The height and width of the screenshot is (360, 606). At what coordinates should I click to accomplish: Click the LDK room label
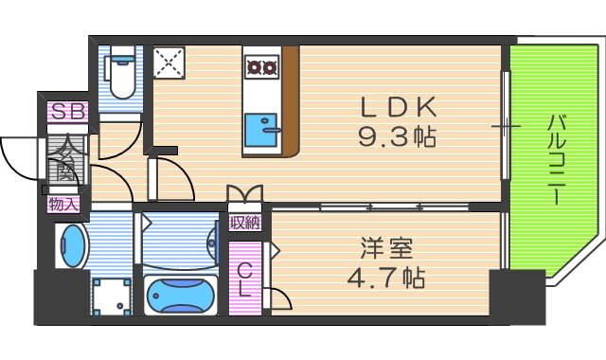coord(397,105)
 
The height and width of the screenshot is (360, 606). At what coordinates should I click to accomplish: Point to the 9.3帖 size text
coord(397,138)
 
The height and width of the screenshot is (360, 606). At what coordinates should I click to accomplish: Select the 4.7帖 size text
coord(383,279)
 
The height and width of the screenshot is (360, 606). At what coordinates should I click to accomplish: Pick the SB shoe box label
coord(67,112)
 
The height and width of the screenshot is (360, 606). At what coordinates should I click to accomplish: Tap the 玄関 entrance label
coord(66,159)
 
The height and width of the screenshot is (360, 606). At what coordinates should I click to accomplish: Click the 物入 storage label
coord(64,204)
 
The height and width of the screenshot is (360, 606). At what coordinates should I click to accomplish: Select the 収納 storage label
coord(245,224)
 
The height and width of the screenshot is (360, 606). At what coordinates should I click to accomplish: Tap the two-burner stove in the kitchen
coord(260,66)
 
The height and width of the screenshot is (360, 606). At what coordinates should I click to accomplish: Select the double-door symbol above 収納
coord(245,195)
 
